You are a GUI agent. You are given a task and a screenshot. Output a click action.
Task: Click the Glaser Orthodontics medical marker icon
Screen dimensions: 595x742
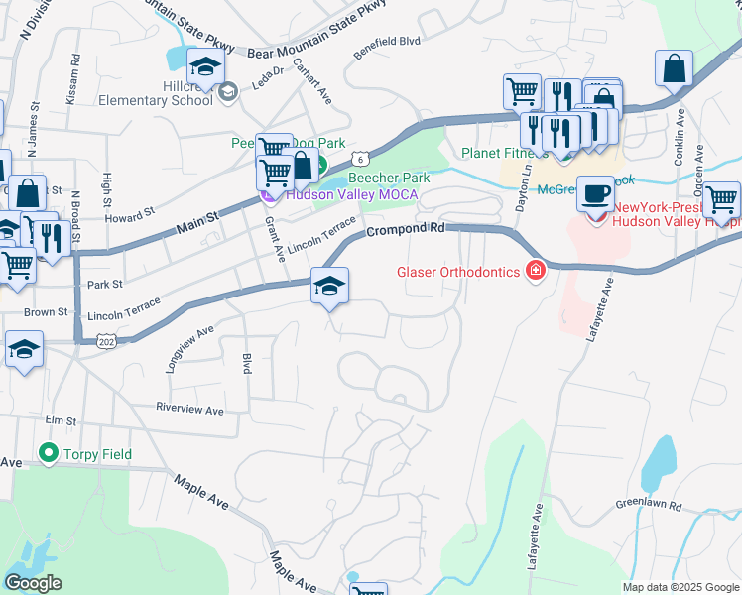pos(536,271)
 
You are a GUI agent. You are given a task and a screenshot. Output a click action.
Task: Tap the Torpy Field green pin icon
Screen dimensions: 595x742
pos(47,453)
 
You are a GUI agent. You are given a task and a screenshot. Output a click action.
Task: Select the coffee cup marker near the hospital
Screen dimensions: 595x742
pos(594,193)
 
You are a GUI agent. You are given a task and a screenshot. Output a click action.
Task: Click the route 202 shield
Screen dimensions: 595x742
pos(105,341)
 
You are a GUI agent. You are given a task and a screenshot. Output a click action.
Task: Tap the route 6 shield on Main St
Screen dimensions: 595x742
pos(362,158)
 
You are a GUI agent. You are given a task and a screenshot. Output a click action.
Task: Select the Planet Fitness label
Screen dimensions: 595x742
pos(504,154)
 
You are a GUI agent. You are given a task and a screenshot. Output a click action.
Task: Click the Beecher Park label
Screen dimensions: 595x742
pos(388,178)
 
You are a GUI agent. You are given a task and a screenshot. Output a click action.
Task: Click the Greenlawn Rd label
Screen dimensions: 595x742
pos(649,505)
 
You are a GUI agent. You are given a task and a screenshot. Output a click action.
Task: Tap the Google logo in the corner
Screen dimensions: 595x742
pos(33,583)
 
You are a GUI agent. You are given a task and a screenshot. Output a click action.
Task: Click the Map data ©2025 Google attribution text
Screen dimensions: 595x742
pos(680,587)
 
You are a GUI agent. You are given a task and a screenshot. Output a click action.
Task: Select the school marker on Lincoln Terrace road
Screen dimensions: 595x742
pos(329,287)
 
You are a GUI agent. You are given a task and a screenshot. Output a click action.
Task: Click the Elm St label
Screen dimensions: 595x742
pos(61,420)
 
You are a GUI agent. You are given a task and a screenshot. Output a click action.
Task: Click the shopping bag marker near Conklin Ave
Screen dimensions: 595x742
pos(674,69)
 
